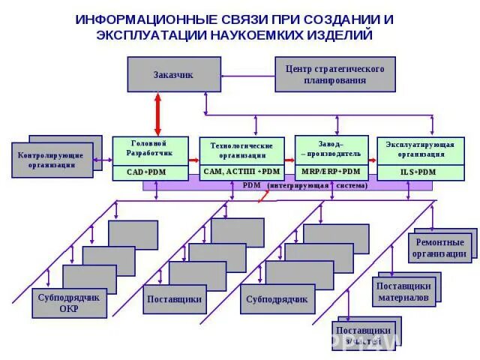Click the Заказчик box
(x=174, y=74)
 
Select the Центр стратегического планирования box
(x=334, y=74)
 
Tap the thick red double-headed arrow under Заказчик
(x=157, y=114)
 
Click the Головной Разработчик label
(x=148, y=148)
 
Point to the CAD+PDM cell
(x=148, y=172)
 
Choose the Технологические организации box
(x=242, y=150)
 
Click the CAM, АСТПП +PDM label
(x=242, y=172)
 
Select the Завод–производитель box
(x=331, y=148)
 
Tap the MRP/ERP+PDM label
(x=331, y=172)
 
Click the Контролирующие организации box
(x=52, y=160)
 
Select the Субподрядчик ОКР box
(x=68, y=304)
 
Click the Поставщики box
(x=174, y=299)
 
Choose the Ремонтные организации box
(x=439, y=248)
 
